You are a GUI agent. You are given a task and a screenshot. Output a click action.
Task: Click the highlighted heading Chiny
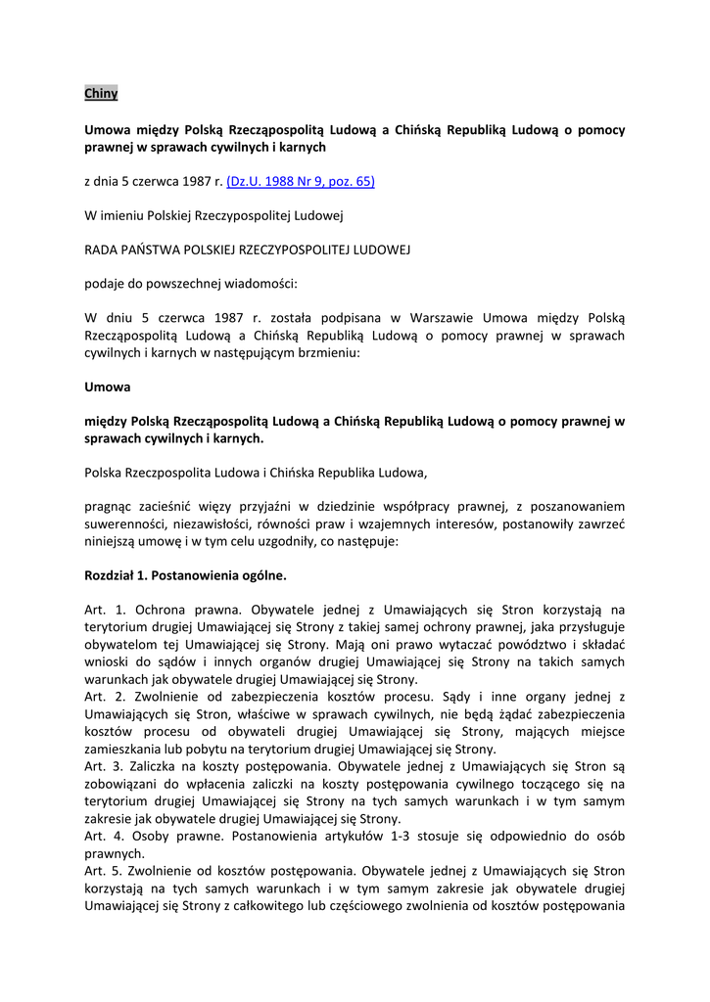(x=101, y=94)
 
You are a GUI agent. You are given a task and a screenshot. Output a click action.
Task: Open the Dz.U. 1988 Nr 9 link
(x=301, y=181)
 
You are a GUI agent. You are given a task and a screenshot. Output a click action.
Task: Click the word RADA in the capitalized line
(x=104, y=250)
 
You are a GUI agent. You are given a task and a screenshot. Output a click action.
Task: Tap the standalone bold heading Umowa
(x=108, y=387)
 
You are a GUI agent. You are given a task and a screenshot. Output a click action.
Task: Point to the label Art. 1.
(x=102, y=609)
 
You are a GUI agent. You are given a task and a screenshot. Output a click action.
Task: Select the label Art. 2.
(x=102, y=697)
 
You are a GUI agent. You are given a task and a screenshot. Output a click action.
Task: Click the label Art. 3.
(x=102, y=766)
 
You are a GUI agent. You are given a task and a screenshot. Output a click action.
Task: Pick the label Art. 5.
(x=102, y=870)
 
